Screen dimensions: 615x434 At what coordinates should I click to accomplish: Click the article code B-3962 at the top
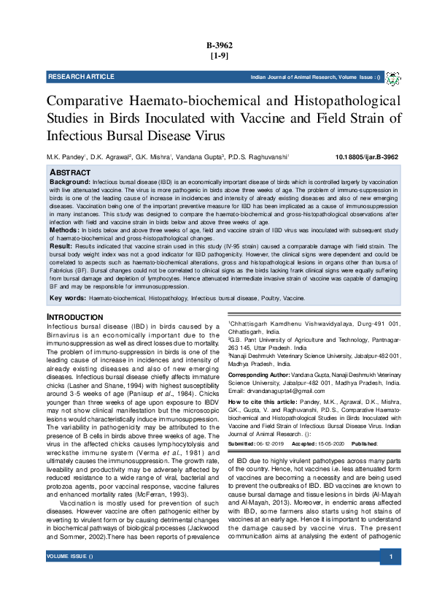[x=217, y=45]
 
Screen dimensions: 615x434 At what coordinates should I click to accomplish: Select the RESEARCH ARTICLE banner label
[x=81, y=77]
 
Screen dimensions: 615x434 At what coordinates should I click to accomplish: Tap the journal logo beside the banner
[x=392, y=78]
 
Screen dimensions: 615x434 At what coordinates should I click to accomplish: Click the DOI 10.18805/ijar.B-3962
[x=366, y=157]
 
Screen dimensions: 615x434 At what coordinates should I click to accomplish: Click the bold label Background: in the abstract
[x=69, y=180]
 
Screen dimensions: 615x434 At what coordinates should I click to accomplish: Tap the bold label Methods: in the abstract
[x=64, y=230]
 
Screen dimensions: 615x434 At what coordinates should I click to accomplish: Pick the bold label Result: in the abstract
[x=61, y=248]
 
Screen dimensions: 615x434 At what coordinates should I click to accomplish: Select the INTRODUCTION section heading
[x=80, y=316]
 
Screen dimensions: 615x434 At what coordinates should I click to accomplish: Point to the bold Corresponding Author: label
[x=261, y=374]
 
